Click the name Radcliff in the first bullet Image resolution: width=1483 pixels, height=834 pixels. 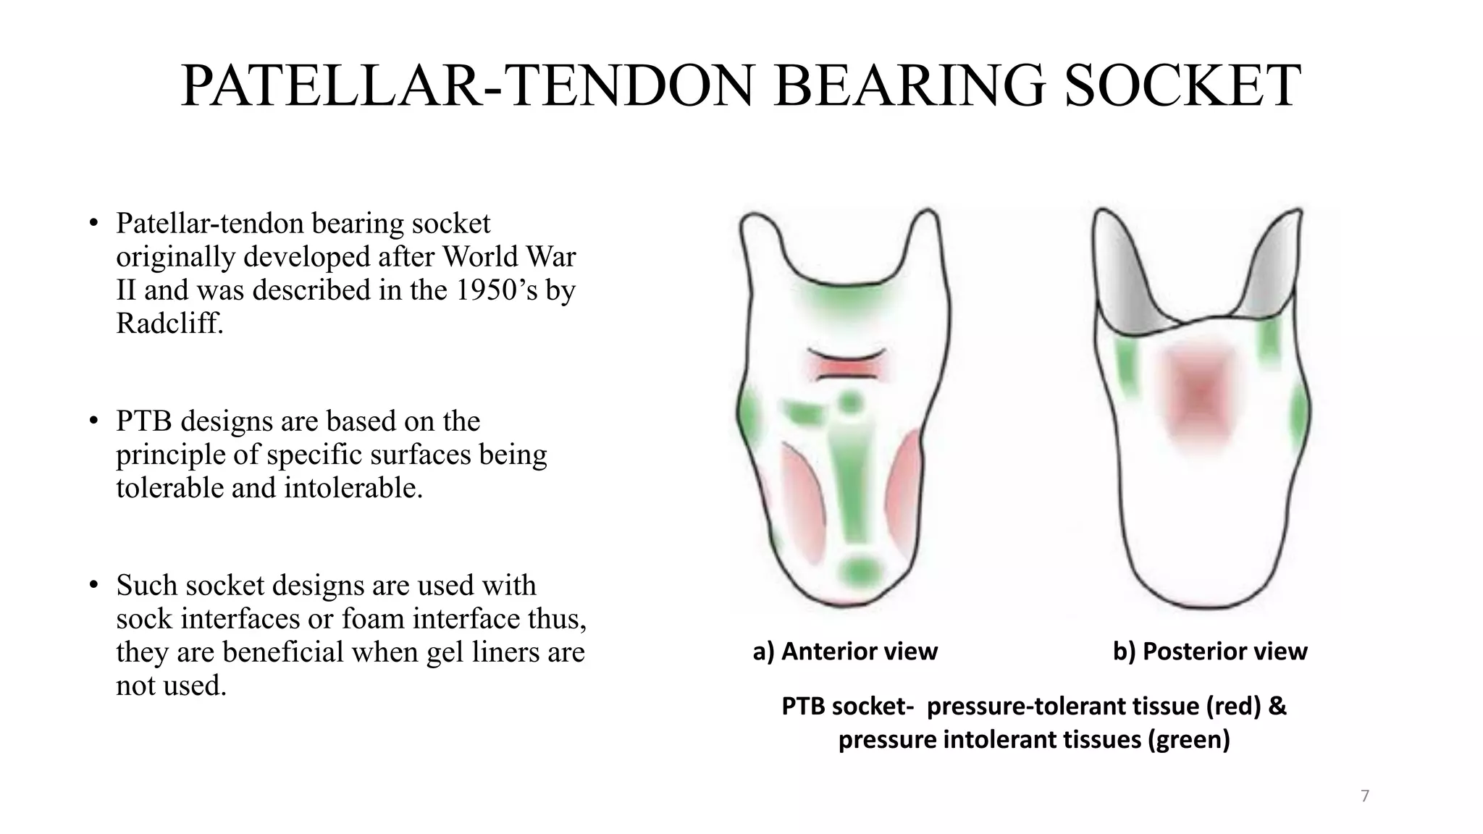click(x=169, y=323)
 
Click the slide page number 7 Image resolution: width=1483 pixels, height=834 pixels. click(x=1365, y=796)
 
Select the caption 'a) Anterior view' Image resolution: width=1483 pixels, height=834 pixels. click(x=845, y=652)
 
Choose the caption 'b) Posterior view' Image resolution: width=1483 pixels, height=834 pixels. click(x=1210, y=652)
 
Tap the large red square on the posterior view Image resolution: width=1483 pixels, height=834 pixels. click(x=1198, y=395)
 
